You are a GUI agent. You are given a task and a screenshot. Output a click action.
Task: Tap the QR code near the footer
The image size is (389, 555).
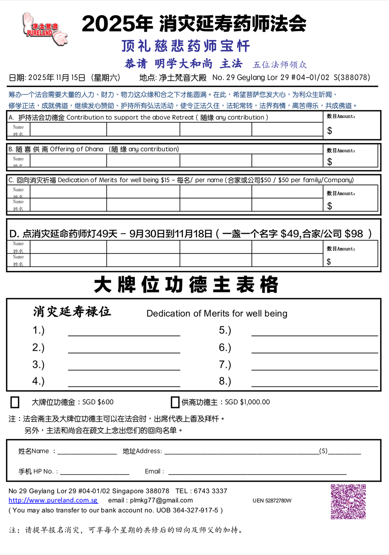(348, 501)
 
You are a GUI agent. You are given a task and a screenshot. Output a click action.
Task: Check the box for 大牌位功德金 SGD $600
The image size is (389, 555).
(15, 402)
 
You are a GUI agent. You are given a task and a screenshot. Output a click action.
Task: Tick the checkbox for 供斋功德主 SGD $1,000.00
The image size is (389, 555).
(175, 402)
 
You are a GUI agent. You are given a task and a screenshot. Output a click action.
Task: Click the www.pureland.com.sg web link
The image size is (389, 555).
(53, 500)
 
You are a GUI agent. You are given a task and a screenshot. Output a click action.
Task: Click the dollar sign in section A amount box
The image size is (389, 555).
(330, 131)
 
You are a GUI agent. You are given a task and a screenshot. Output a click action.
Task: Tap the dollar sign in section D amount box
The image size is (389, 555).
(329, 262)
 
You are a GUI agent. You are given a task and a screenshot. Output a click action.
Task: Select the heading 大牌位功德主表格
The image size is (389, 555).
(186, 285)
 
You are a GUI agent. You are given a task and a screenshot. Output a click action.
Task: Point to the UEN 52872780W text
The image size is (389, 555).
(272, 501)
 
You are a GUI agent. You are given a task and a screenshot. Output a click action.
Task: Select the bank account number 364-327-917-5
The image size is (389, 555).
(196, 510)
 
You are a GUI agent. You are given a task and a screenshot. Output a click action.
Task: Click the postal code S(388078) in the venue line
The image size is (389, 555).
(352, 77)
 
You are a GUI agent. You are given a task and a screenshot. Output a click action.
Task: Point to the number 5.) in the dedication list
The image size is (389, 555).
(225, 330)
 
